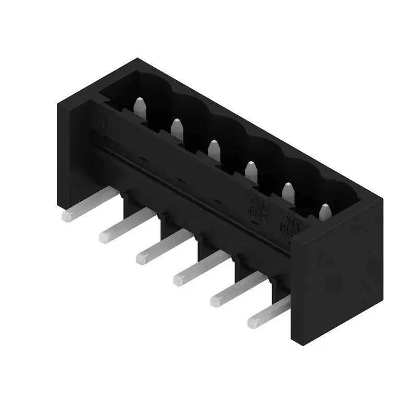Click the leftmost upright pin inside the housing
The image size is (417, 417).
[x=139, y=107]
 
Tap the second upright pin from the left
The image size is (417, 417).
[x=177, y=129]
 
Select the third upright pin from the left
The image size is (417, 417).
[x=214, y=150]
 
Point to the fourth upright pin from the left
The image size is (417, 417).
[x=251, y=171]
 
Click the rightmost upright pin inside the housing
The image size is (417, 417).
[x=325, y=212]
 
